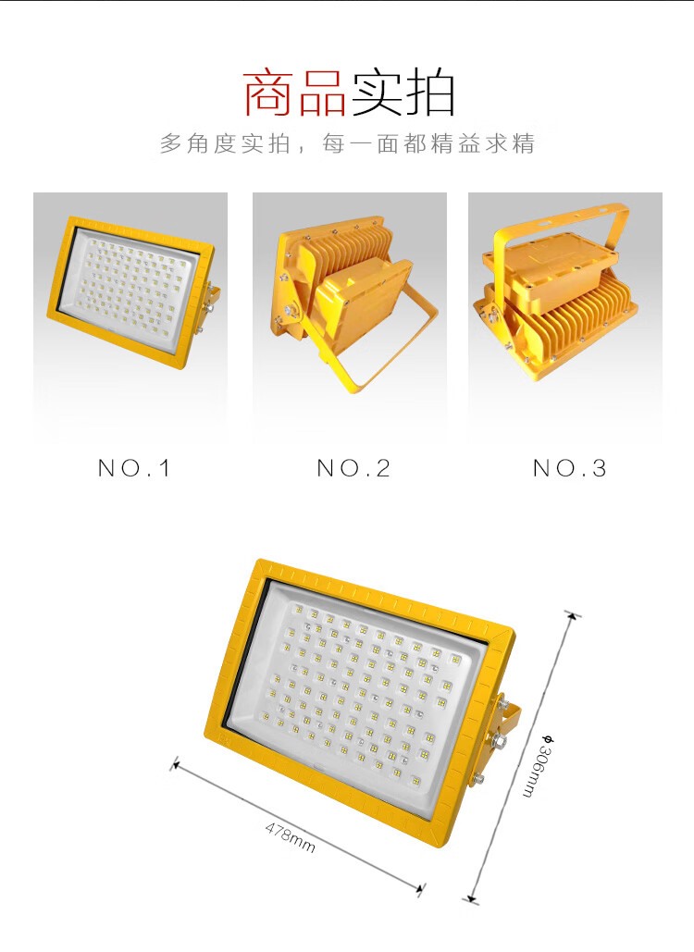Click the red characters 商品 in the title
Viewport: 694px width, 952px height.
(295, 93)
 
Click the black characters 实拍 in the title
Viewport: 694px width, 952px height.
(402, 93)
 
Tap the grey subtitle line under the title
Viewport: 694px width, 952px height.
(347, 143)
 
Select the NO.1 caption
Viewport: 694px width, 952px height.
(134, 468)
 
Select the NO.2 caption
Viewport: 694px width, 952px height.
(353, 468)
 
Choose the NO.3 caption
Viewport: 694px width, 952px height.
(569, 468)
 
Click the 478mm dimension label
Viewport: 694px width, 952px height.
(291, 837)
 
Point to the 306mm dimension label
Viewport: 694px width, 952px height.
(538, 766)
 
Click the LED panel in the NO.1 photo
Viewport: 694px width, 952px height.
(131, 281)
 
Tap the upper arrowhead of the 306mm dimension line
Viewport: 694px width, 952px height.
(571, 615)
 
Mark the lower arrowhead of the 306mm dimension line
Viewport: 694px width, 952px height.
(472, 899)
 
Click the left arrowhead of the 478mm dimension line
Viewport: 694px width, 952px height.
(176, 764)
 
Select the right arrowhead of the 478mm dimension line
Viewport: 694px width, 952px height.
(419, 889)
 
